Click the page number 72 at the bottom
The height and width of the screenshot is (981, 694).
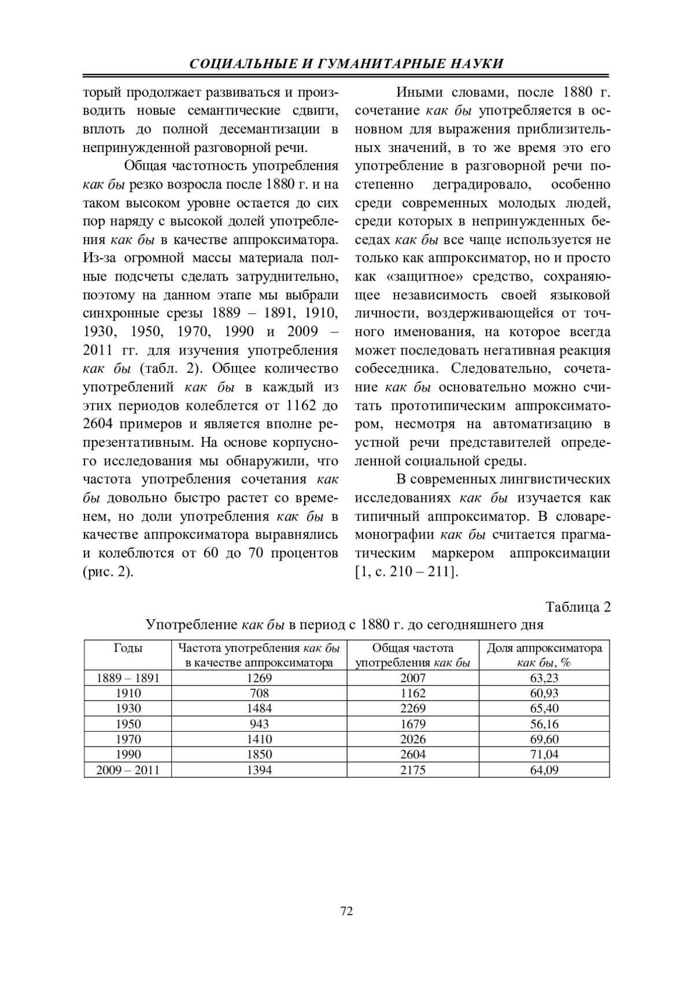347,912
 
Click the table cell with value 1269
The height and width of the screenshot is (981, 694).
259,678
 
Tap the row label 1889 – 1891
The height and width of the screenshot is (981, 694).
128,678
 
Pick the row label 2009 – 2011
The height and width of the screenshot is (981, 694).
128,769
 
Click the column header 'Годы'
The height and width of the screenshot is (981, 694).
128,648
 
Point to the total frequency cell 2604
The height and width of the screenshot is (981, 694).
413,754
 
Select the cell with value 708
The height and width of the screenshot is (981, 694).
259,693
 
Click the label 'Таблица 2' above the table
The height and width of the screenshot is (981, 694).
578,607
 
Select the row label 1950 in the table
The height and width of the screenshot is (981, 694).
128,723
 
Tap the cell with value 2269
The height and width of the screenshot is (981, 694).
413,708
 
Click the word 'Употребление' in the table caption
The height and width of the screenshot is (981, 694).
191,624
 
